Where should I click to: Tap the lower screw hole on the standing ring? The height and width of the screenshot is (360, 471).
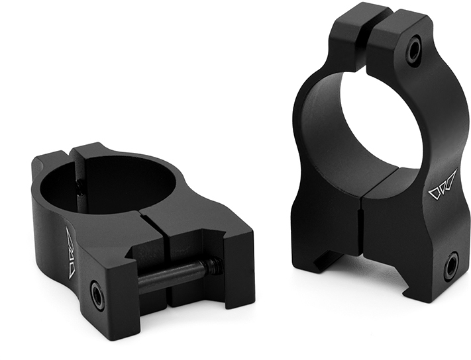click(x=450, y=266)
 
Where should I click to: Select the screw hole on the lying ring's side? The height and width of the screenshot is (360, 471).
click(x=97, y=295)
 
